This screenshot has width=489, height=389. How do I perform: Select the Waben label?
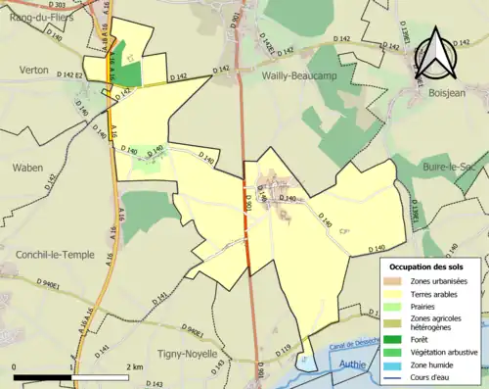(27, 168)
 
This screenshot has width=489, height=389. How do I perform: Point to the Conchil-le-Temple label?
(55, 254)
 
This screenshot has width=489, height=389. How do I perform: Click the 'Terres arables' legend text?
(439, 293)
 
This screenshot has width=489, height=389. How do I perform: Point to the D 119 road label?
(284, 349)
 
